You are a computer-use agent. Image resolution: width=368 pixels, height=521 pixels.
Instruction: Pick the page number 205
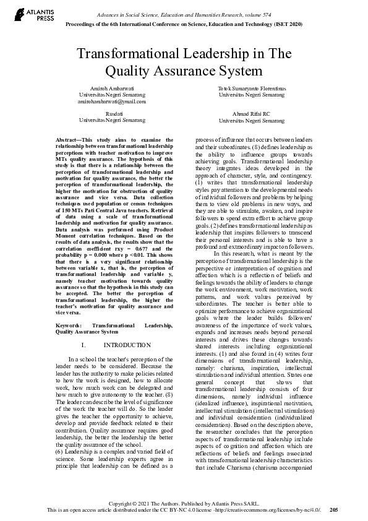pos(334,510)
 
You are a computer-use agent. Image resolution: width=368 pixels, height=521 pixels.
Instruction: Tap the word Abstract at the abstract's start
pos(67,140)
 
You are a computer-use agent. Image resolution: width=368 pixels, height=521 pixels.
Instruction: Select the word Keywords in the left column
pos(67,325)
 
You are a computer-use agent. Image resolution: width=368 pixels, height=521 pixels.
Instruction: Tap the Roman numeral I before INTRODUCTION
pos(83,345)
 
